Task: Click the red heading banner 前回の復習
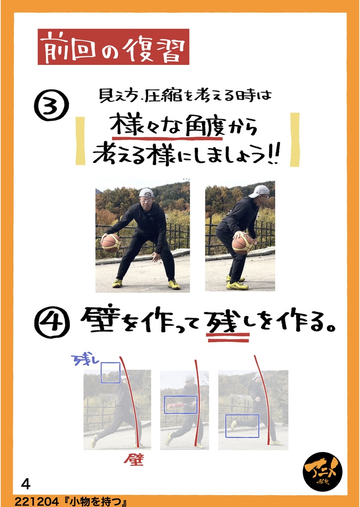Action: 113,47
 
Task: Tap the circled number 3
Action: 51,105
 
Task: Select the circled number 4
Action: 52,322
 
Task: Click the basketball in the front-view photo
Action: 111,243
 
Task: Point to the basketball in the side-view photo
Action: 242,244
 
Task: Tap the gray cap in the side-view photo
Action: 259,191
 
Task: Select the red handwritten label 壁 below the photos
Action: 134,459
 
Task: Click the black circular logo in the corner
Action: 322,472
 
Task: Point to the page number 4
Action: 25,485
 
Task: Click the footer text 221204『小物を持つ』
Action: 70,502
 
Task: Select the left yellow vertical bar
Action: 80,141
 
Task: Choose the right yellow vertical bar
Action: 295,140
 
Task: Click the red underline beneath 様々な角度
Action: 166,139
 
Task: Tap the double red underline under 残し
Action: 228,337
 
